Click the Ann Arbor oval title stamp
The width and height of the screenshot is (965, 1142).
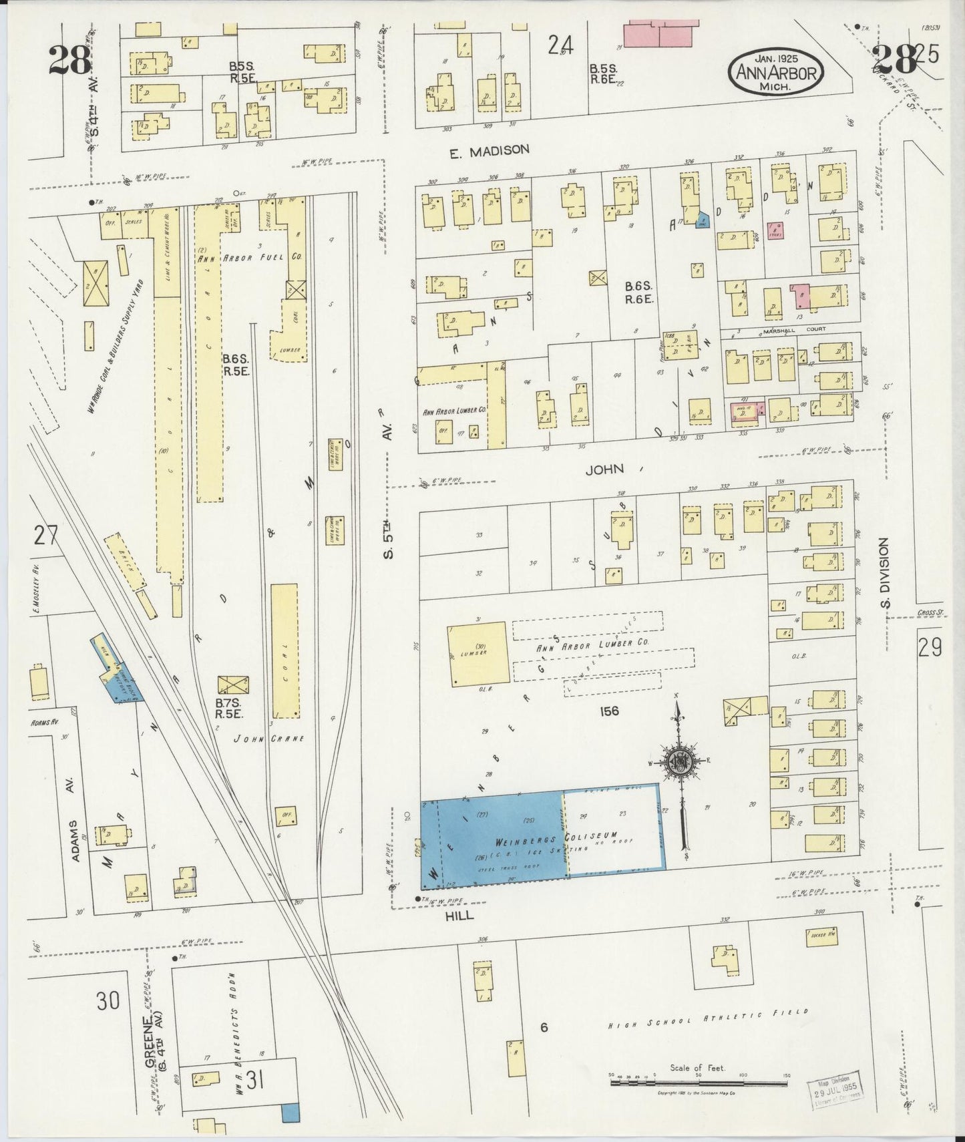pyautogui.click(x=775, y=70)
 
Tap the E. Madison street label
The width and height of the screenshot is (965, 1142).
pyautogui.click(x=489, y=151)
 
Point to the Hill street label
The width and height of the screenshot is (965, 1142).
pyautogui.click(x=461, y=916)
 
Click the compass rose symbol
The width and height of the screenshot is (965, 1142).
pyautogui.click(x=680, y=761)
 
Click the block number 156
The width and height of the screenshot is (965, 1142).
pyautogui.click(x=609, y=711)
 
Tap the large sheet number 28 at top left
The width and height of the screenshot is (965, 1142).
pyautogui.click(x=69, y=60)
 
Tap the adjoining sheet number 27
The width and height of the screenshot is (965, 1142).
pyautogui.click(x=47, y=536)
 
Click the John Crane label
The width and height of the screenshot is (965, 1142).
pyautogui.click(x=268, y=739)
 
